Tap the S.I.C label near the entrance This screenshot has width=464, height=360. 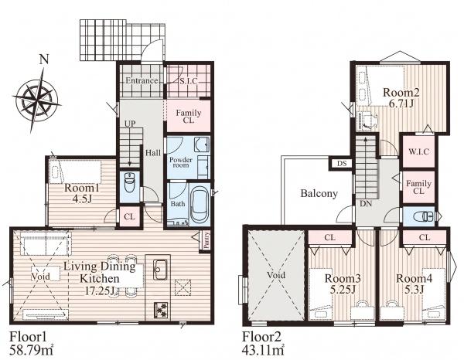coord(189,80)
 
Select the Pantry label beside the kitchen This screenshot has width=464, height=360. coord(206,239)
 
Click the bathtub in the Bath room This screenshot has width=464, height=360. coord(199,204)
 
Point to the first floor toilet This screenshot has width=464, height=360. coord(130,182)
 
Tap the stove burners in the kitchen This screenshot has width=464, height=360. coord(160,311)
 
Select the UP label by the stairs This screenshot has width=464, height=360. coord(129,124)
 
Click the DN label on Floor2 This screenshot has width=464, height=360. coord(366,204)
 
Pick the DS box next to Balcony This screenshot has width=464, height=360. coord(342,164)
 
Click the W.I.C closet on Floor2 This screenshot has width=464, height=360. coord(418,151)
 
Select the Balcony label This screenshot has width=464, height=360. coord(319,194)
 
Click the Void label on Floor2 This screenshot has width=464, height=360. coord(276,275)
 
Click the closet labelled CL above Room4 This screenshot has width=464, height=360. coord(425,237)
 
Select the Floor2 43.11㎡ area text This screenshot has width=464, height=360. coord(263,343)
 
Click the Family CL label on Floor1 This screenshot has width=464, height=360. coord(188,117)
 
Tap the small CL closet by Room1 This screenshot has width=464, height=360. coord(129,217)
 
